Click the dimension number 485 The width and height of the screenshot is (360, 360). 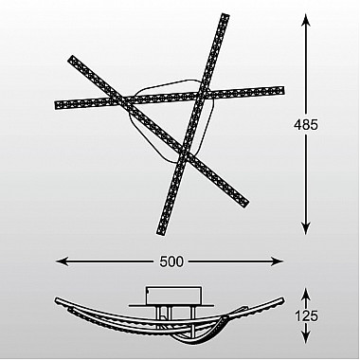click(306, 125)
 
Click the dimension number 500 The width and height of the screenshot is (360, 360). click(171, 261)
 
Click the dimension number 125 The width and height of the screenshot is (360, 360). click(306, 315)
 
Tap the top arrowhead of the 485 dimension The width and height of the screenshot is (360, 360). click(306, 20)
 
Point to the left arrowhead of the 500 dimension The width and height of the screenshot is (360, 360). click(62, 261)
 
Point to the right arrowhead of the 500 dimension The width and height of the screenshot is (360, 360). click(278, 261)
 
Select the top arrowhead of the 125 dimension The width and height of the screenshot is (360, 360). click(306, 293)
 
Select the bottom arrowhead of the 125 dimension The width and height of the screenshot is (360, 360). click(306, 337)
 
